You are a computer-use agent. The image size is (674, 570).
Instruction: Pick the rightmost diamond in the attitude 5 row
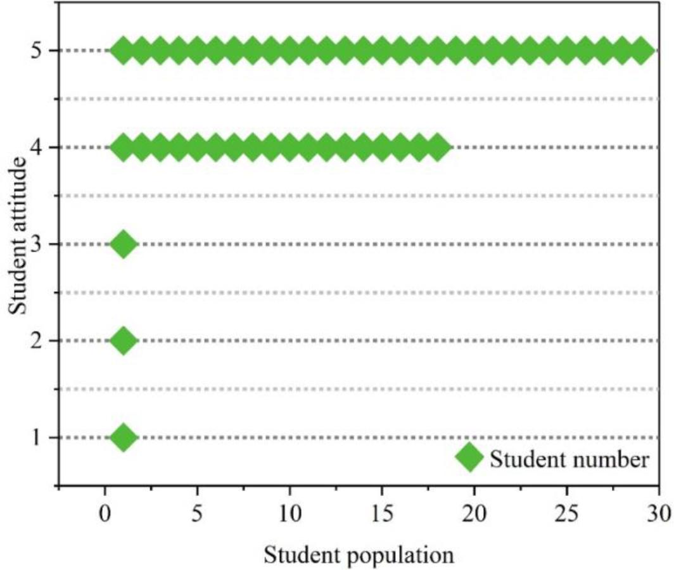[641, 51]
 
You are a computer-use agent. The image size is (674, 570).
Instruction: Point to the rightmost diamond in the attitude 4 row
[438, 148]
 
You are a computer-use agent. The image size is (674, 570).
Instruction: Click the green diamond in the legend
[469, 457]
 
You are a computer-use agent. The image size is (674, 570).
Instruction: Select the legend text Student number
[569, 459]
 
